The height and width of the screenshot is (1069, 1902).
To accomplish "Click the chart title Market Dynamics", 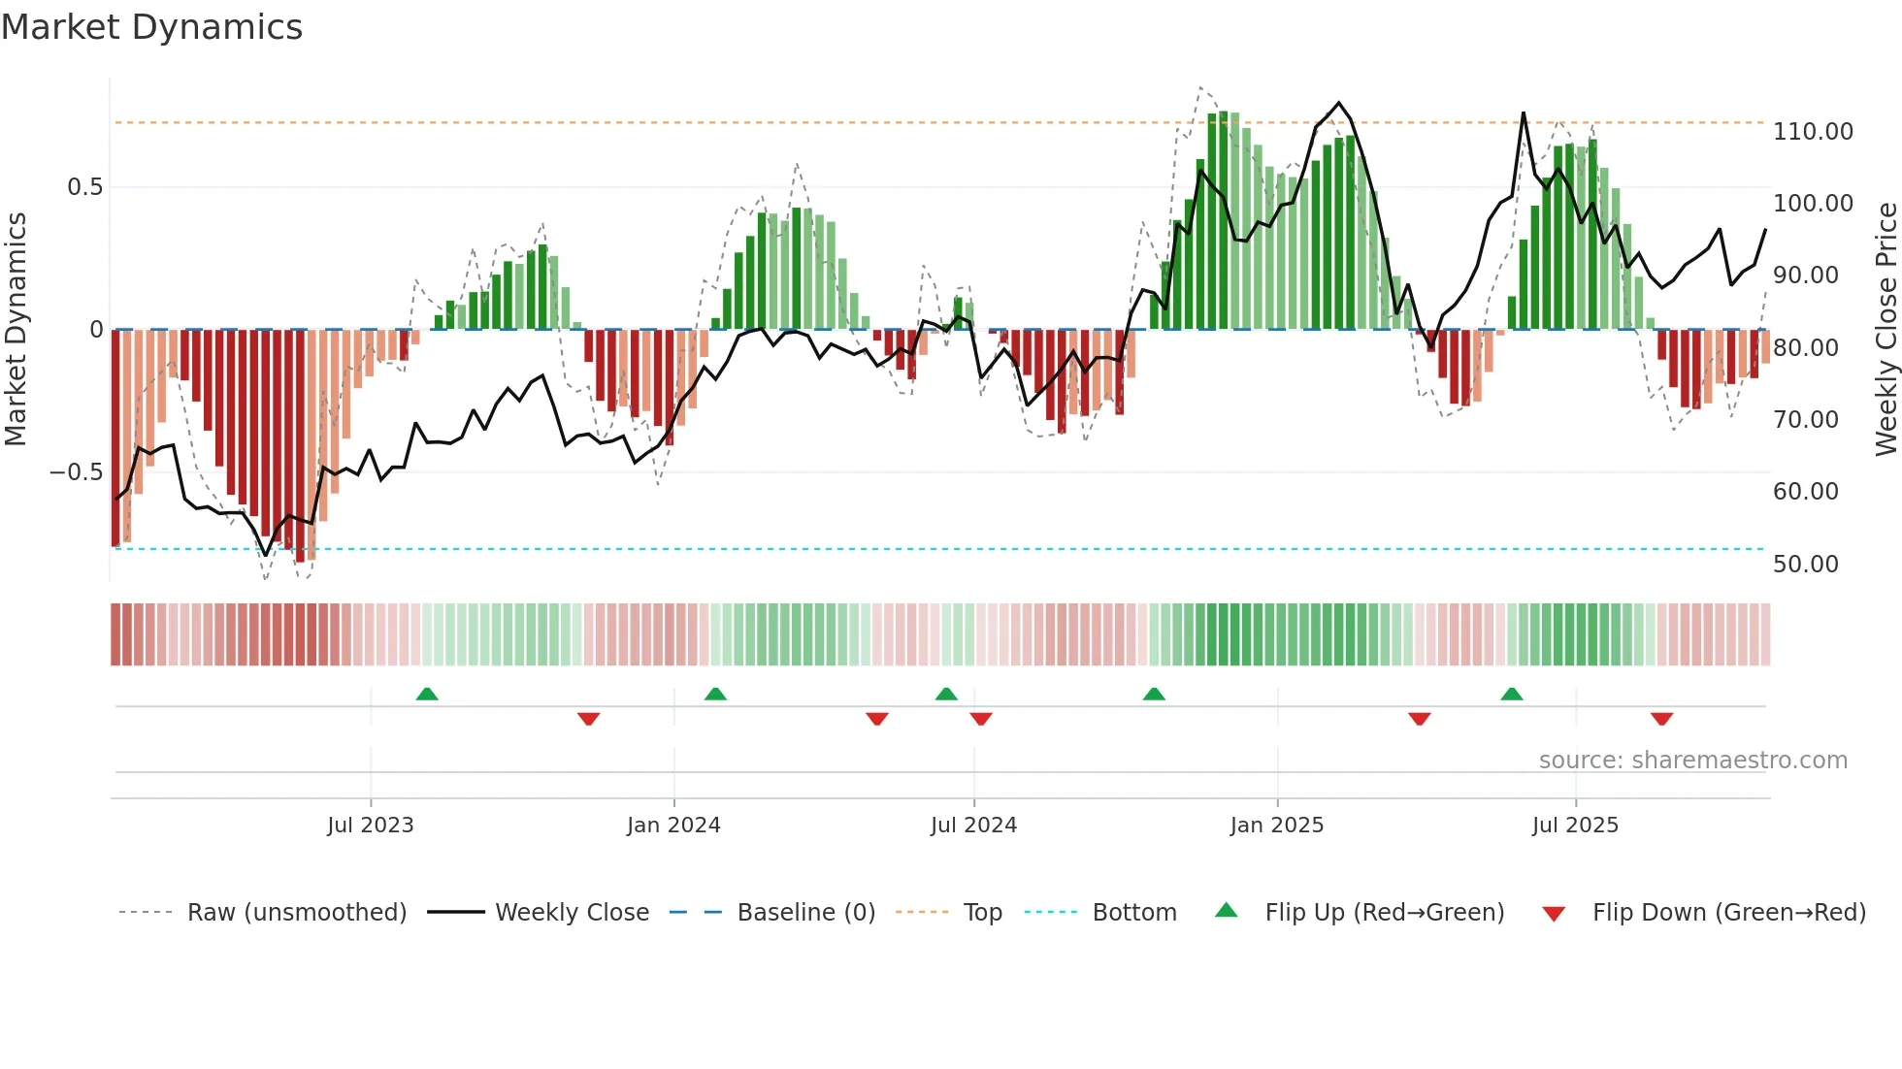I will (152, 27).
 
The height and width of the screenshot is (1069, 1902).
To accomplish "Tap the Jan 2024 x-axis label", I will (673, 826).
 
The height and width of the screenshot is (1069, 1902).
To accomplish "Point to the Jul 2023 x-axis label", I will (371, 826).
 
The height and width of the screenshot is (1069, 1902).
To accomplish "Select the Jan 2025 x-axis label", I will (1276, 826).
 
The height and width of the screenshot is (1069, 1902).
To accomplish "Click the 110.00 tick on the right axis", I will (1813, 132).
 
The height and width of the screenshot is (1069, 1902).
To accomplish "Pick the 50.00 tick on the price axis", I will (1805, 565).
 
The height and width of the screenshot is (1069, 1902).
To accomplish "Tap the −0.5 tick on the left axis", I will (76, 472).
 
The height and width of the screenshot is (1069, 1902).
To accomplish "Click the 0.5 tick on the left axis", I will (84, 187).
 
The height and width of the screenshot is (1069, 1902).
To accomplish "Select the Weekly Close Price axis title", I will (1886, 330).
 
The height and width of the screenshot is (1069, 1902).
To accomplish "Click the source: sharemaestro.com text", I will (1692, 761).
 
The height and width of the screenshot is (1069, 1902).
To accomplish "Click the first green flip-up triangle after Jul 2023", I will (427, 694).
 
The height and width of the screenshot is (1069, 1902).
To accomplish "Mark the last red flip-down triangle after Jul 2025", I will (1661, 719).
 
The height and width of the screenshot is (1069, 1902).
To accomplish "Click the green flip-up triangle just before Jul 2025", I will (1511, 694).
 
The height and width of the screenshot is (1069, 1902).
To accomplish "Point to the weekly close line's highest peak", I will (1339, 103).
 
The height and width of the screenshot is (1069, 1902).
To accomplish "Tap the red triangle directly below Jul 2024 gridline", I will (980, 719).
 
